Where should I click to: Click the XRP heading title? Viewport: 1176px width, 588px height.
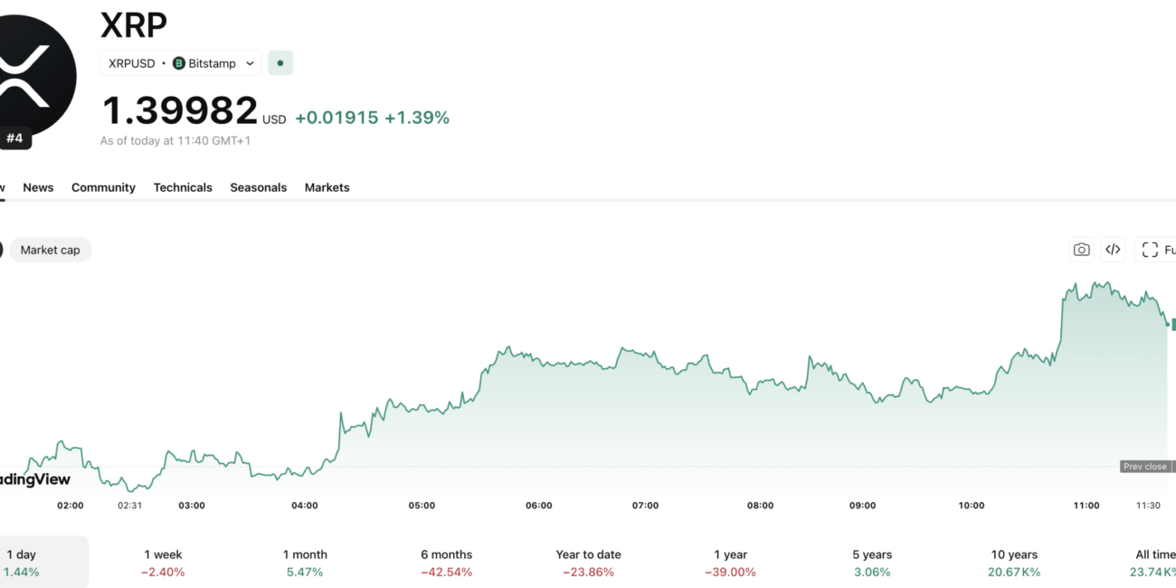point(134,25)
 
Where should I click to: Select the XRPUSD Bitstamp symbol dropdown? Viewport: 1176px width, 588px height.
point(181,63)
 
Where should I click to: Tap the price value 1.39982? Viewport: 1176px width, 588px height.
point(179,111)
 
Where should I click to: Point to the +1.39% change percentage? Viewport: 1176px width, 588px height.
point(416,118)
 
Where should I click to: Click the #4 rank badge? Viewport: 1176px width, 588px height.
point(15,138)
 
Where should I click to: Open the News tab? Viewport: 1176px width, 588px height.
point(38,187)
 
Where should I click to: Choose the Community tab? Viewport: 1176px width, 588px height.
point(103,187)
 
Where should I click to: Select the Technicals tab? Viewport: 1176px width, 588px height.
point(183,187)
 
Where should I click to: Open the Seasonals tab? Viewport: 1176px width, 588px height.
point(258,187)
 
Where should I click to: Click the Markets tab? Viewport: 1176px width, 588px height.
point(327,187)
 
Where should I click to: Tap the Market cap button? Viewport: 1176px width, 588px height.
point(51,250)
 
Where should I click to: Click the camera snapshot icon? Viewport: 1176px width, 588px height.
point(1081,250)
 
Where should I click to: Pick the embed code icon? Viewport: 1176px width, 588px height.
point(1113,250)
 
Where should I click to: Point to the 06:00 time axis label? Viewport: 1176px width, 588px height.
point(538,506)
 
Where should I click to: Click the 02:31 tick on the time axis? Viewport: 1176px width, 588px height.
point(129,506)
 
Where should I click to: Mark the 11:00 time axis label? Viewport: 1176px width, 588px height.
point(1086,506)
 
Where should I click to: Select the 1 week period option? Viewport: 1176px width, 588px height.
point(164,563)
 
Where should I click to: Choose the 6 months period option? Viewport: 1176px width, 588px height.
point(446,563)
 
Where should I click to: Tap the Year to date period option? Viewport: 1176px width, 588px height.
point(588,563)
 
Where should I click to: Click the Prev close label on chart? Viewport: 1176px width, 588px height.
point(1144,467)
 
